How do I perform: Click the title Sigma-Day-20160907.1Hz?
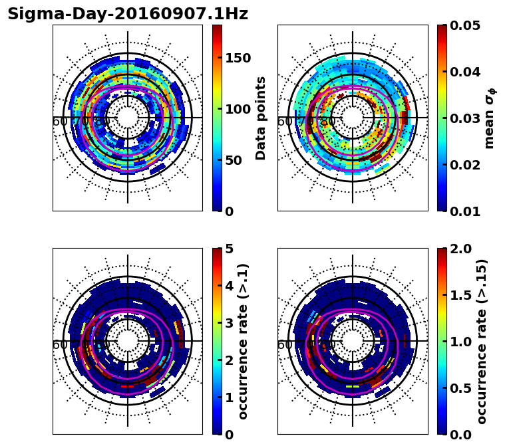click(128, 14)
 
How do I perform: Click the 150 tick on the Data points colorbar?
click(238, 58)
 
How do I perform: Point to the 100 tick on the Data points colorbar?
click(238, 109)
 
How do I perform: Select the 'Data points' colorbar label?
click(261, 118)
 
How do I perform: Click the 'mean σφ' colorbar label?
click(490, 118)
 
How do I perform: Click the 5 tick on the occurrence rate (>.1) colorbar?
click(229, 249)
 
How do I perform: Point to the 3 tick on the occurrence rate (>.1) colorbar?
click(229, 323)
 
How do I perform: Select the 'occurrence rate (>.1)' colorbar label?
click(244, 342)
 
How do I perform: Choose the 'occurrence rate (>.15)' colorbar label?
click(482, 342)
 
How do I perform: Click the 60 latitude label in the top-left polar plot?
click(59, 122)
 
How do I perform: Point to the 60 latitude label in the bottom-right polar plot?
click(284, 345)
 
